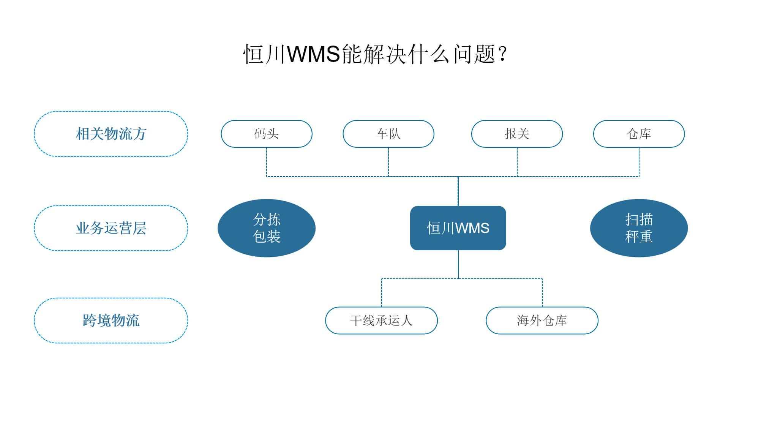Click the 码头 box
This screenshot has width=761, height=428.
click(x=267, y=134)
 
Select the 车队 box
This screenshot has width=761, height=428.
click(x=388, y=134)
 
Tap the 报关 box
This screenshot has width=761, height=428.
click(x=517, y=134)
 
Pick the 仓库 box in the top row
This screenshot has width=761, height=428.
click(x=639, y=134)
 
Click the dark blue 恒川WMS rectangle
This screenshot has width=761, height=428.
click(x=458, y=228)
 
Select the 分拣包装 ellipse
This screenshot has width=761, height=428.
click(x=267, y=228)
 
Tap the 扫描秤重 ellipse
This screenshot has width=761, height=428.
click(x=639, y=228)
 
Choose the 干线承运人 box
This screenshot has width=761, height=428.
click(x=382, y=321)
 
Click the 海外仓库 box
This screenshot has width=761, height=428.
click(x=542, y=321)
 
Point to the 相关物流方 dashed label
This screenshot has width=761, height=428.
click(x=111, y=134)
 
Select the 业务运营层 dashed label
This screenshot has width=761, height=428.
click(x=111, y=228)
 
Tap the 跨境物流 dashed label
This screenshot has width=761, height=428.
click(x=111, y=321)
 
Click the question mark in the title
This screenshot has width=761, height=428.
click(x=503, y=54)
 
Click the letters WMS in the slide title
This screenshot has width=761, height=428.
click(x=313, y=54)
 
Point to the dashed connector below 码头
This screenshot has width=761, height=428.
click(x=267, y=162)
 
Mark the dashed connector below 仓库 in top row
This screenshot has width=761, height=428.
click(x=639, y=162)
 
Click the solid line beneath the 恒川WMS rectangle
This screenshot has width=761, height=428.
click(x=458, y=264)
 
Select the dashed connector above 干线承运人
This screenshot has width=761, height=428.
click(x=382, y=293)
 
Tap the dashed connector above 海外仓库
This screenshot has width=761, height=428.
click(x=542, y=293)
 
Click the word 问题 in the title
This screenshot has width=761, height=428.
click(x=475, y=54)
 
